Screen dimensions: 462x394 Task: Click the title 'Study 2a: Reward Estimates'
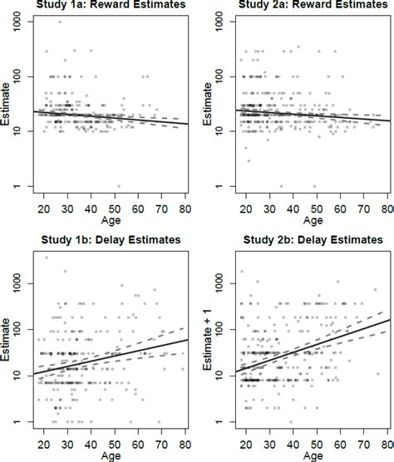(304, 7)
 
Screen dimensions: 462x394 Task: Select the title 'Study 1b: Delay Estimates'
(107, 243)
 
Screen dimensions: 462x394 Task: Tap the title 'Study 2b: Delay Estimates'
(305, 243)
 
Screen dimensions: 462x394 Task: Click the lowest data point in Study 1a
(120, 186)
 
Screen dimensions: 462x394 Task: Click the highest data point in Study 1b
(47, 258)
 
